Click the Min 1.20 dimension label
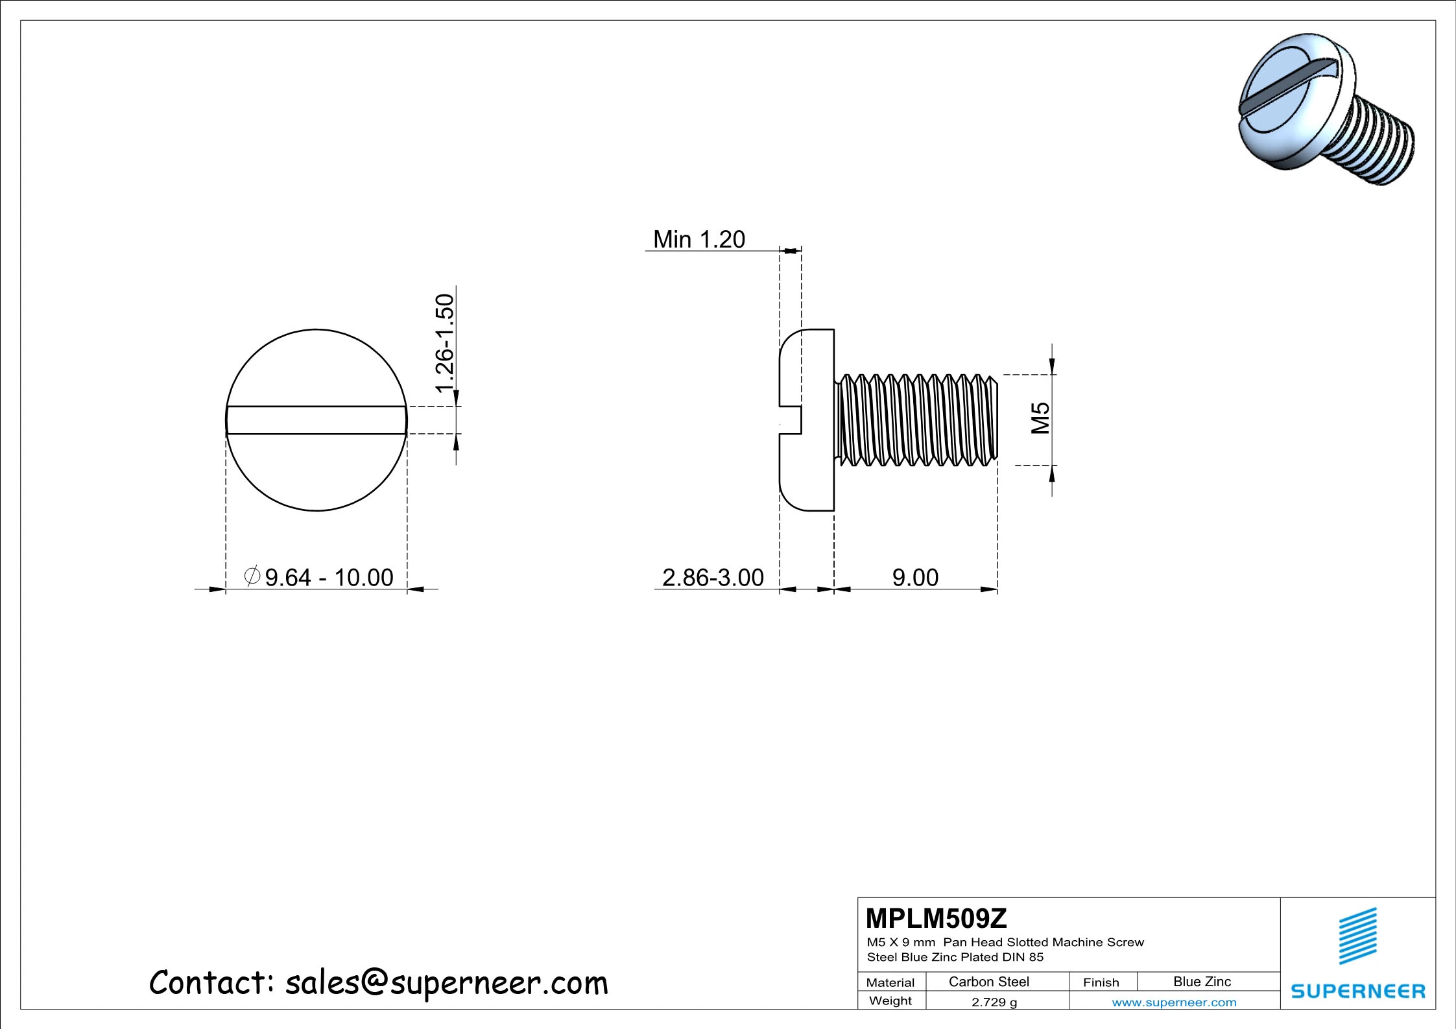[698, 239]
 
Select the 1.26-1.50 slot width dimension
[445, 343]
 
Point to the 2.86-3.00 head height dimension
[713, 577]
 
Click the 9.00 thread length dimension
[915, 577]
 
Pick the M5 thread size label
[1040, 418]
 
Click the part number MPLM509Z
[936, 918]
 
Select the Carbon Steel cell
[988, 982]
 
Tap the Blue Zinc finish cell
[1202, 982]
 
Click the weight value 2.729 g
[994, 1002]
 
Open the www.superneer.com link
[1174, 1002]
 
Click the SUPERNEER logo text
[1358, 991]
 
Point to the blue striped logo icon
[1357, 936]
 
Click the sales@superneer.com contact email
[447, 983]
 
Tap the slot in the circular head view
[316, 420]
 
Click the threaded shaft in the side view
[916, 420]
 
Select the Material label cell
[890, 982]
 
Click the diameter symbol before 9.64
[252, 576]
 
